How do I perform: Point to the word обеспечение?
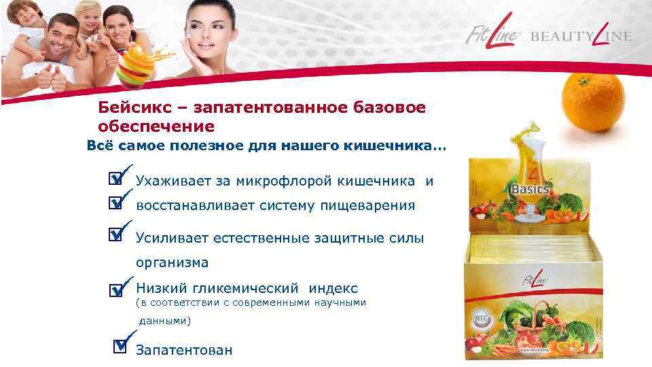pyautogui.click(x=156, y=126)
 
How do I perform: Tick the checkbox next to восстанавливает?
pyautogui.click(x=116, y=203)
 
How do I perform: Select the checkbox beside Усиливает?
pyautogui.click(x=116, y=234)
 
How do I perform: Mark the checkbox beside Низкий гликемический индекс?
pyautogui.click(x=116, y=290)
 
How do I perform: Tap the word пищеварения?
pyautogui.click(x=371, y=206)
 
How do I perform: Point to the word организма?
pyautogui.click(x=172, y=262)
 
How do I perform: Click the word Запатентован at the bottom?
pyautogui.click(x=184, y=351)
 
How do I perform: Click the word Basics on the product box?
pyautogui.click(x=530, y=190)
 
